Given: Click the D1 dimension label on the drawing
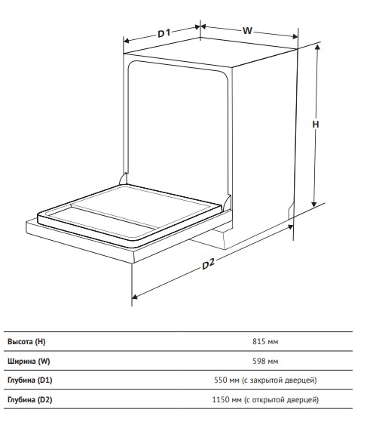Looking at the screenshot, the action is (x=164, y=33).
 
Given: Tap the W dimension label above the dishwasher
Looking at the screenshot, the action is (x=247, y=30).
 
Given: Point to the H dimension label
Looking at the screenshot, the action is (x=316, y=125).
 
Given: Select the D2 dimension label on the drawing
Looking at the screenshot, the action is (x=208, y=264).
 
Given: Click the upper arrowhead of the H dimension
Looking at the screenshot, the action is (x=317, y=48).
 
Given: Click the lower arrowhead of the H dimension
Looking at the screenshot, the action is (x=314, y=204).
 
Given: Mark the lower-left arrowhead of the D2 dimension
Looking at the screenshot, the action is (x=135, y=297).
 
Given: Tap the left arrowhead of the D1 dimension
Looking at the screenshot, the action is (x=126, y=41).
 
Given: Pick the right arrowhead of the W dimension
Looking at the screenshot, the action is (x=295, y=36).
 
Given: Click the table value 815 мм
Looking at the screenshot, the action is (x=265, y=341).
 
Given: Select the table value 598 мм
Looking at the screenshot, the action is (x=265, y=361).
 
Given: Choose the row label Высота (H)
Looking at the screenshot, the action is (x=26, y=342).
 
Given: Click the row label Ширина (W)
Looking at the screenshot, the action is (x=29, y=362).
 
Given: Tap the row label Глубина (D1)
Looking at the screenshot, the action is (x=29, y=380).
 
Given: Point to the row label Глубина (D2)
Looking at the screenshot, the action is (x=29, y=400).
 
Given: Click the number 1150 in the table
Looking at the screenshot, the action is (x=219, y=400).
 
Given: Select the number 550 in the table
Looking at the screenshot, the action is (x=220, y=380).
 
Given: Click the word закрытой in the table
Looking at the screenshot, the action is (x=266, y=380).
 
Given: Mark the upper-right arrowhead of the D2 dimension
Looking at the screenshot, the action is (x=290, y=226).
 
